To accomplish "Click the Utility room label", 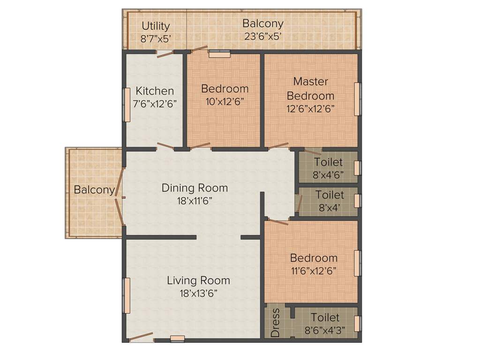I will click(x=156, y=26).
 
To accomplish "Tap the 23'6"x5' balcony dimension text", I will click(x=262, y=36).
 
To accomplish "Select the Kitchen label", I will click(x=155, y=91).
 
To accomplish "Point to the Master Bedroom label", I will click(x=310, y=89).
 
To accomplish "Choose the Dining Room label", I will click(x=195, y=188).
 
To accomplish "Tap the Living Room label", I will click(x=198, y=280).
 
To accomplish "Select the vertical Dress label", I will click(x=276, y=322).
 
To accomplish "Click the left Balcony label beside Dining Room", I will click(x=94, y=190).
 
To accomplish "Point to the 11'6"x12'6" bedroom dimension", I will click(x=314, y=270).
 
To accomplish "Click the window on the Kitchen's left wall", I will click(x=127, y=105).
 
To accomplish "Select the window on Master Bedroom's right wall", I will click(x=357, y=99).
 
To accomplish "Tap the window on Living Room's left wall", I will click(x=126, y=296).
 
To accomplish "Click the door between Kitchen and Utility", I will click(x=165, y=53).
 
